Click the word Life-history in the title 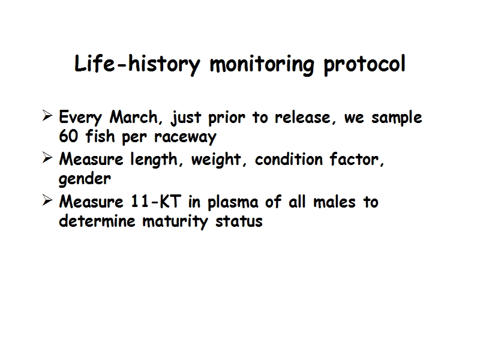coord(137,64)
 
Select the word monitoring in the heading coord(262,64)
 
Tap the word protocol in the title coord(365,65)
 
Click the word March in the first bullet coord(133,117)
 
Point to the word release coord(303,117)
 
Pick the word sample coord(397,118)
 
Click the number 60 coord(68,136)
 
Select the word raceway coord(185,137)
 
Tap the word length coord(154,160)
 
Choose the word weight coord(217,160)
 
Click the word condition coord(289,159)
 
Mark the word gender coord(85,179)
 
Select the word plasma coord(233,202)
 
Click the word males coord(334,202)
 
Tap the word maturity coord(175,221)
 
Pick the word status coord(239,221)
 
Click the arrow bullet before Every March coord(47,116)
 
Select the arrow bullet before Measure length coord(47,158)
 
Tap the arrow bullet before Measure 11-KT coord(47,200)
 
